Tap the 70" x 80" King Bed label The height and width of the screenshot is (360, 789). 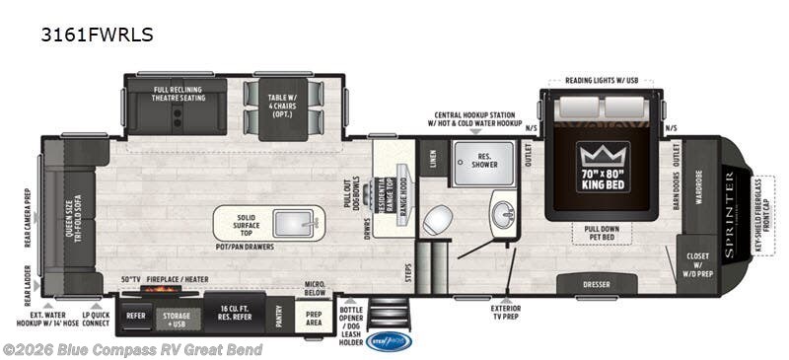tap(604, 181)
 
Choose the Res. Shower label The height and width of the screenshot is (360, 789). tap(483, 162)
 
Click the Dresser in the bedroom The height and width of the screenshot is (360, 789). tap(597, 284)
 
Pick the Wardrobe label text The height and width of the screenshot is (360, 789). tap(699, 185)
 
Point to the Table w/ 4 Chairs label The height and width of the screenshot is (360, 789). tap(283, 102)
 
